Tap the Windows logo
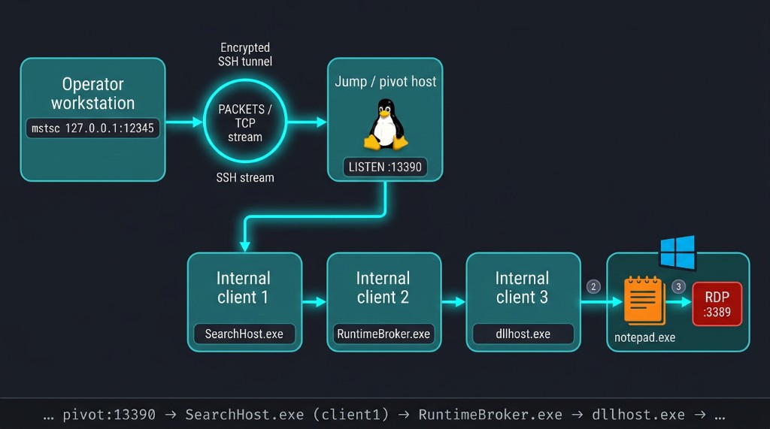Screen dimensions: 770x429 click(678, 252)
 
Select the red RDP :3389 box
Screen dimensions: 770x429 click(717, 304)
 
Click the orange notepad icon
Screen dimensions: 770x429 click(644, 301)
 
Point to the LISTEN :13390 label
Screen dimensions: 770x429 click(385, 167)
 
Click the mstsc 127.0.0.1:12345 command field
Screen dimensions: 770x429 click(92, 128)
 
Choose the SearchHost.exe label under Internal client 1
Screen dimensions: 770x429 click(244, 334)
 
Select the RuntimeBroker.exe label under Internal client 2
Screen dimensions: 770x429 click(383, 334)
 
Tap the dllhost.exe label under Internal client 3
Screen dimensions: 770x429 click(523, 334)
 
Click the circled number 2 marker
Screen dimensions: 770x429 click(593, 287)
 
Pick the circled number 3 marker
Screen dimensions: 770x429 click(679, 287)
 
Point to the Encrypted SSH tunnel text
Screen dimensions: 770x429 click(245, 55)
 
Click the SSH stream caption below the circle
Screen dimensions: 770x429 click(245, 178)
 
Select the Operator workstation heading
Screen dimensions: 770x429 click(92, 93)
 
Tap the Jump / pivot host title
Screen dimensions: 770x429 click(386, 81)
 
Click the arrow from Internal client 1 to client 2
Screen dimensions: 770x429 click(314, 302)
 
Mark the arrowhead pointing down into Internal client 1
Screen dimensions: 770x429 click(244, 246)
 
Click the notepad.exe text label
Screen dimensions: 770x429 click(644, 337)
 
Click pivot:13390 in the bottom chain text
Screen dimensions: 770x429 click(109, 415)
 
